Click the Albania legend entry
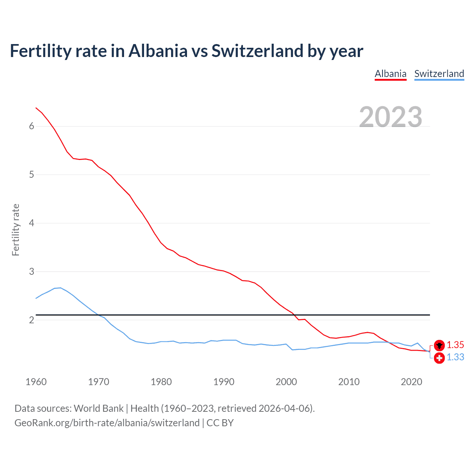coord(390,74)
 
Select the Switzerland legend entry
coord(439,74)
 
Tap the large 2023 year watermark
coord(390,117)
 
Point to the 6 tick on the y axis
coord(31,126)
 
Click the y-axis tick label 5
coord(31,174)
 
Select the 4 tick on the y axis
coord(31,223)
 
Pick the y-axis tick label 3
coord(31,271)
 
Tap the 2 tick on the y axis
coord(31,320)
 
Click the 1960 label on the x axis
coord(36,382)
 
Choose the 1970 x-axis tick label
coord(99,382)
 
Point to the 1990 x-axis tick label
coord(224,382)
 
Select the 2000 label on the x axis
coord(286,382)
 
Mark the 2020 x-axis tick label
coord(411,382)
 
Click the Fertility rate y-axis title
coord(16,230)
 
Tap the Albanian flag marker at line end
coord(439,346)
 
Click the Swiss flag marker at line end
coord(439,358)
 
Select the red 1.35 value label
coord(455,345)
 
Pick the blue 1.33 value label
coord(455,357)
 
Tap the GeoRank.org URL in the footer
coord(107,423)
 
